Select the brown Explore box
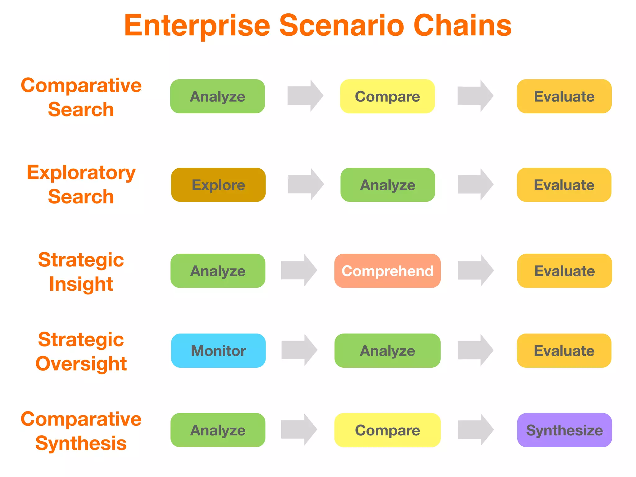pyautogui.click(x=218, y=185)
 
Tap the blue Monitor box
pyautogui.click(x=218, y=351)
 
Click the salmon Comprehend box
pyautogui.click(x=387, y=271)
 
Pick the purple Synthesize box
pyautogui.click(x=564, y=430)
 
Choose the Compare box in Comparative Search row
pyautogui.click(x=387, y=96)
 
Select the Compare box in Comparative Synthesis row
pyautogui.click(x=387, y=430)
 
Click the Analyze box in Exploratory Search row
pyautogui.click(x=388, y=185)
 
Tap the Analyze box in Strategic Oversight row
pyautogui.click(x=387, y=351)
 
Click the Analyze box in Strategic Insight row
pyautogui.click(x=218, y=271)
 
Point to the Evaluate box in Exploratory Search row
pyautogui.click(x=564, y=185)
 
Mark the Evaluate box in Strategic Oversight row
pyautogui.click(x=564, y=351)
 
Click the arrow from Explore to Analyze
pyautogui.click(x=305, y=184)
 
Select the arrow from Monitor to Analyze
pyautogui.click(x=299, y=350)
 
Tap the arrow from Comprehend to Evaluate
pyautogui.click(x=475, y=270)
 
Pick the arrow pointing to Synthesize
pyautogui.click(x=475, y=429)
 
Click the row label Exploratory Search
pyautogui.click(x=81, y=184)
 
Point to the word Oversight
pyautogui.click(x=81, y=364)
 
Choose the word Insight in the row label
pyautogui.click(x=81, y=284)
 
